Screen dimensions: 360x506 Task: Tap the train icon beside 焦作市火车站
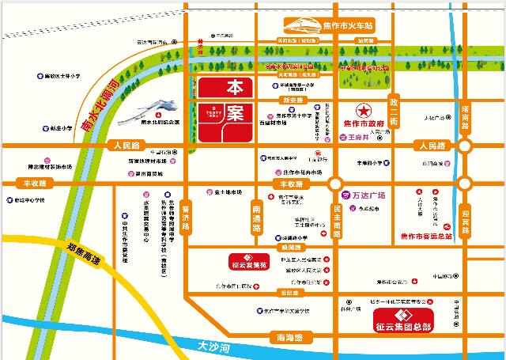click(x=301, y=23)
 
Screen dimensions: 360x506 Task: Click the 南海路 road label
click(x=285, y=338)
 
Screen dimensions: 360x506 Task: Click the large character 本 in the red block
click(x=234, y=87)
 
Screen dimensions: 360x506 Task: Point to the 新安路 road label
click(x=293, y=100)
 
